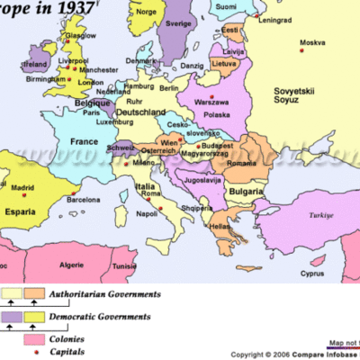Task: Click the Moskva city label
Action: coord(312,42)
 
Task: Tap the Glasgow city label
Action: coord(79,35)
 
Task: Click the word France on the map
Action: coord(84,141)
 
